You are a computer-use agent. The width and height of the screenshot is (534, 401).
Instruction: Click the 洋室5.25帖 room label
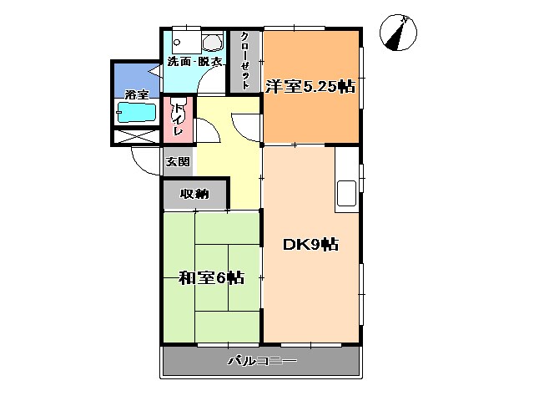click(311, 86)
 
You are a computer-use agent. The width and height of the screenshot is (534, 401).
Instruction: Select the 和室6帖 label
click(210, 277)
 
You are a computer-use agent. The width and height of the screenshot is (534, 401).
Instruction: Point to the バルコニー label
click(262, 362)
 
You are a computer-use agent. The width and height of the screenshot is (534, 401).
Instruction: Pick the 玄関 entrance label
click(177, 161)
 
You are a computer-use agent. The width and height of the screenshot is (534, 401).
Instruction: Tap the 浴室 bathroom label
click(136, 94)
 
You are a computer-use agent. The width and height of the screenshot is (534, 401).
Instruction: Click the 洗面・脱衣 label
click(195, 62)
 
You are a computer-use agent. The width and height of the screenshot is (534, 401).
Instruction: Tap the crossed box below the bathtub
click(137, 137)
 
